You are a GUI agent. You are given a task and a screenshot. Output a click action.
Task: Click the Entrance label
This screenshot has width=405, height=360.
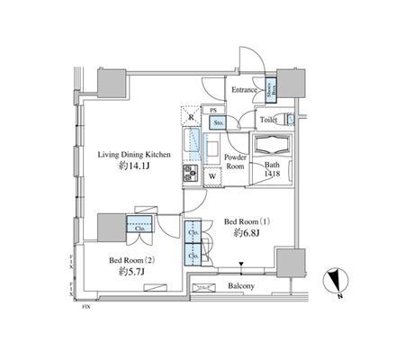246,90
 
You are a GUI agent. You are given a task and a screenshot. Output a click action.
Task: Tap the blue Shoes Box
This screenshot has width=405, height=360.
269,87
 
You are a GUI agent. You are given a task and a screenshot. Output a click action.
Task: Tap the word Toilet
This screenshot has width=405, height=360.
269,120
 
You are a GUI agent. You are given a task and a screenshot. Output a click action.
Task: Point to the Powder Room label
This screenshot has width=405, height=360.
236,160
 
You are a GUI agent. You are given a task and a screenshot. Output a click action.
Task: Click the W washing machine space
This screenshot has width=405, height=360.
211,175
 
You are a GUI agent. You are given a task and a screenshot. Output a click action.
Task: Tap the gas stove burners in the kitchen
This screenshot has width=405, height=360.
192,172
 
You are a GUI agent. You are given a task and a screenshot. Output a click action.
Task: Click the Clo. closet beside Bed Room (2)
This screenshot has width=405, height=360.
140,228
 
